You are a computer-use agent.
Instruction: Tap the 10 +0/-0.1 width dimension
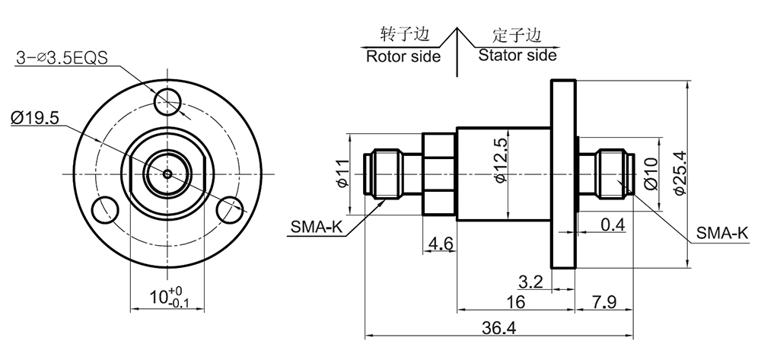[x=166, y=297]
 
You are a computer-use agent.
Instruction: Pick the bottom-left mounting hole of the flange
[x=104, y=209]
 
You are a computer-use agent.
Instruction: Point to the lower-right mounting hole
[x=230, y=209]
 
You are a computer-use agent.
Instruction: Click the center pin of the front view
[x=167, y=173]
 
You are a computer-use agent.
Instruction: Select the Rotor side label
[x=403, y=56]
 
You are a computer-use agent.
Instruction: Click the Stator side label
[x=517, y=55]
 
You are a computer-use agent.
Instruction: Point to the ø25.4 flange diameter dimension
[x=680, y=173]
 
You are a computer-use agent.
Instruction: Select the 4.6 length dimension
[x=441, y=244]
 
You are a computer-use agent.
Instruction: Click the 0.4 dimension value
[x=613, y=225]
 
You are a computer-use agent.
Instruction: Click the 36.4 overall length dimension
[x=499, y=327]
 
